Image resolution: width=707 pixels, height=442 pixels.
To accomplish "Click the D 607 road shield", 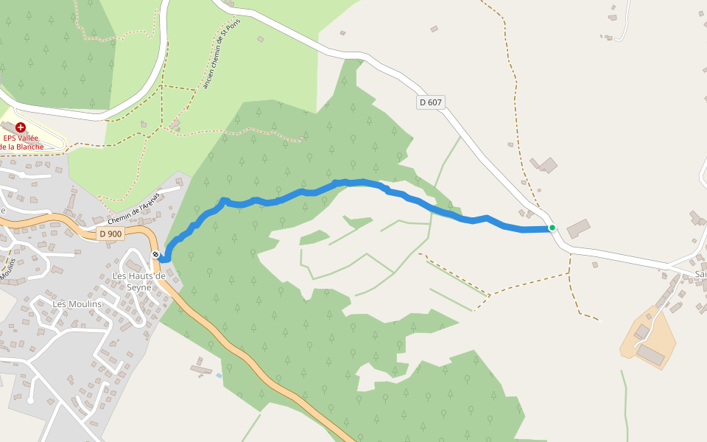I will [x=431, y=102].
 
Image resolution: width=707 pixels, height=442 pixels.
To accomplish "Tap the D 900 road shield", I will [x=110, y=234].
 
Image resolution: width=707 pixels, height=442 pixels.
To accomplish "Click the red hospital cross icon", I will [x=20, y=127].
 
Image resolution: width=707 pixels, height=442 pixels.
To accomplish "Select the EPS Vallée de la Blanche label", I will [x=21, y=141].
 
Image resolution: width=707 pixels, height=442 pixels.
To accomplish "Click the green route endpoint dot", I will [x=552, y=228].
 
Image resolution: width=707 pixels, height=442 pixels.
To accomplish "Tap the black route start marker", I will [x=156, y=255].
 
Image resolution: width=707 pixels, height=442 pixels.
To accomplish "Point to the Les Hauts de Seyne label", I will [x=138, y=281].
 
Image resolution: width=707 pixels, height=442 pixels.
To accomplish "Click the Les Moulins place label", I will [x=77, y=304].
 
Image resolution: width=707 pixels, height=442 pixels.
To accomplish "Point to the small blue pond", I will [x=219, y=376].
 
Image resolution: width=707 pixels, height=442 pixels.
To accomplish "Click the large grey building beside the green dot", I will [x=578, y=228].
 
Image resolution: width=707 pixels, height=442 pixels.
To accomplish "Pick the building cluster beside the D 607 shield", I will [x=547, y=165].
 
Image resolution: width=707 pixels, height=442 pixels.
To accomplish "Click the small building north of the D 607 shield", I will [x=435, y=29].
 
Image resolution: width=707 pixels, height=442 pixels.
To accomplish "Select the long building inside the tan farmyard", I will [x=650, y=354].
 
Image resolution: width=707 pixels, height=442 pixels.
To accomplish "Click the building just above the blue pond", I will [x=200, y=368].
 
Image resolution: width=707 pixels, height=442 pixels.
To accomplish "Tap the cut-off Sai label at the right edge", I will [x=700, y=274].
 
